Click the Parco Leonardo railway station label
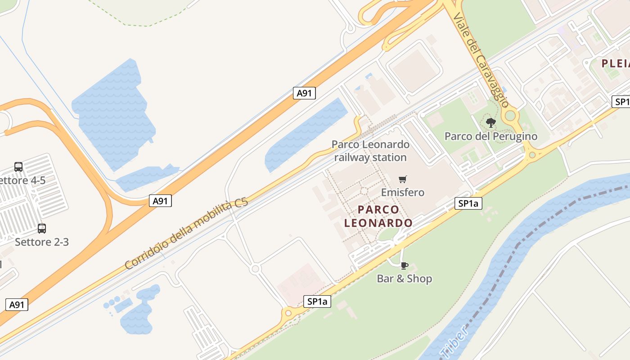pos(370,151)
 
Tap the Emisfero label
pos(402,193)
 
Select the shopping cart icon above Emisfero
pos(403,179)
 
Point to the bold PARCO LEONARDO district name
pos(378,216)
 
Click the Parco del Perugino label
pos(490,136)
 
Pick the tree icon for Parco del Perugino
pos(491,122)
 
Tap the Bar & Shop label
pos(404,279)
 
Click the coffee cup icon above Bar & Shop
pos(404,265)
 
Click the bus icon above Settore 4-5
pos(18,167)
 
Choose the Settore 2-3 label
pos(42,242)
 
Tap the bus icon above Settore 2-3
pos(42,229)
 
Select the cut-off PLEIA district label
pos(616,63)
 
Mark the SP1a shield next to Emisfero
pos(468,204)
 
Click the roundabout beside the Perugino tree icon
pos(510,116)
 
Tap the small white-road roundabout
pos(256,269)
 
